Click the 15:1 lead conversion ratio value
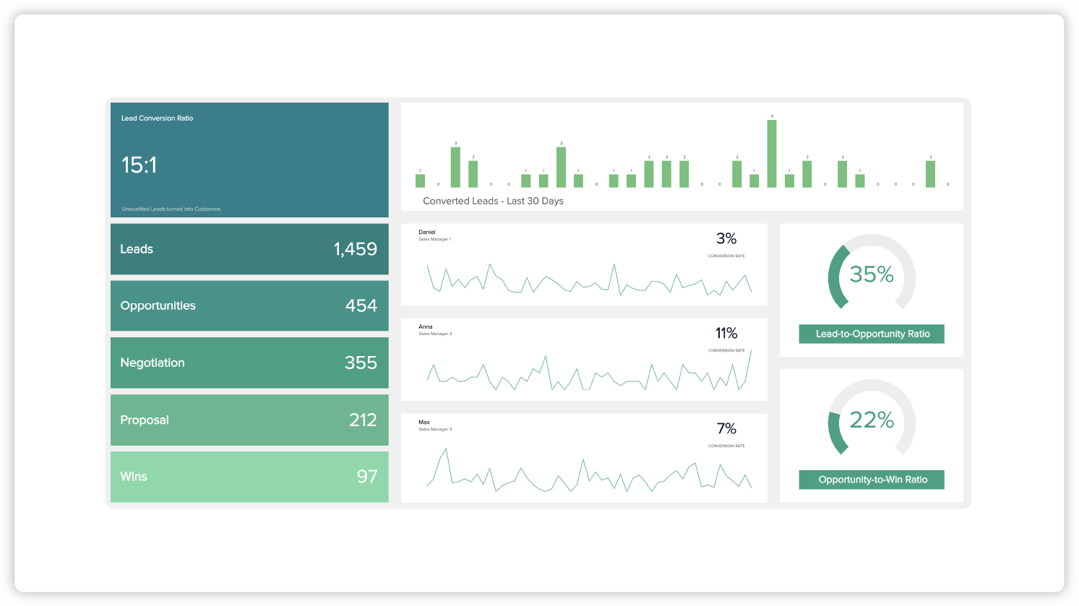point(139,165)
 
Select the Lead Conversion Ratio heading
point(157,118)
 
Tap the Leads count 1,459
point(355,249)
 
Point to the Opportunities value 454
point(361,306)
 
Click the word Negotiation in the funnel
point(152,363)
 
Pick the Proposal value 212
point(363,420)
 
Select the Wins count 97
point(366,477)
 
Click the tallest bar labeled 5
point(772,153)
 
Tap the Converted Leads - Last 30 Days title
point(493,201)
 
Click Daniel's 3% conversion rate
point(726,238)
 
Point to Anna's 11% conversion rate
point(726,333)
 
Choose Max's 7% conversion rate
point(726,428)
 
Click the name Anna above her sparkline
point(425,327)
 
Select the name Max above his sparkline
point(424,423)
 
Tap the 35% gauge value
point(872,274)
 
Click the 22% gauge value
point(872,420)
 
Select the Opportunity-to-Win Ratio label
point(872,480)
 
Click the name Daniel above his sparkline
point(427,233)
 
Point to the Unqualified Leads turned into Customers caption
point(171,209)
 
